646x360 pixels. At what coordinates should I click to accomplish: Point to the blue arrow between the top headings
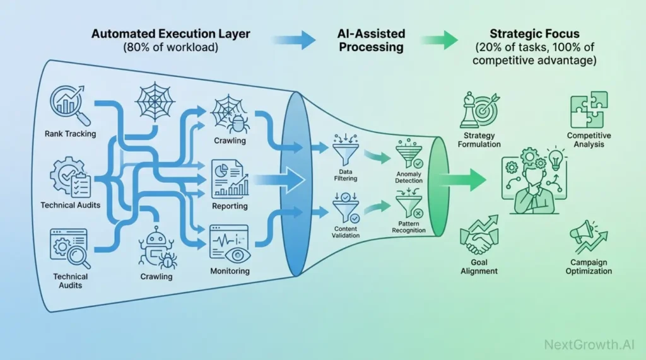[296, 40]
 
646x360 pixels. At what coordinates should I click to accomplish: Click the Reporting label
[230, 206]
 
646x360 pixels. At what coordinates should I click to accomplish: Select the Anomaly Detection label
[409, 178]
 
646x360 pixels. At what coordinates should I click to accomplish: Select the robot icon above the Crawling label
[155, 248]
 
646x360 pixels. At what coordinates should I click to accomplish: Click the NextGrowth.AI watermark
[588, 345]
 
